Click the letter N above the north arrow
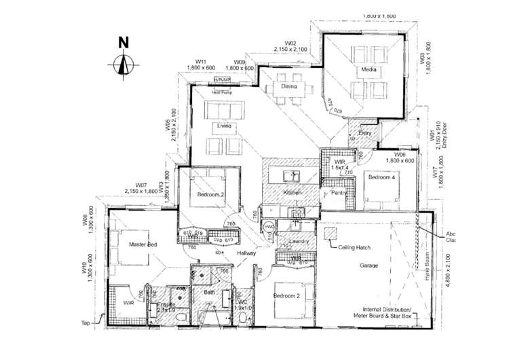[x=123, y=41]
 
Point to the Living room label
[x=224, y=126]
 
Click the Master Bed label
[x=143, y=244]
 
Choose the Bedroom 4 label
[x=381, y=177]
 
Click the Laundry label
[x=299, y=241]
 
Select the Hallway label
[x=246, y=253]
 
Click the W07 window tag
[x=141, y=185]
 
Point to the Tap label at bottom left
[x=85, y=323]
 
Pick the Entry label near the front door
[x=365, y=133]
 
